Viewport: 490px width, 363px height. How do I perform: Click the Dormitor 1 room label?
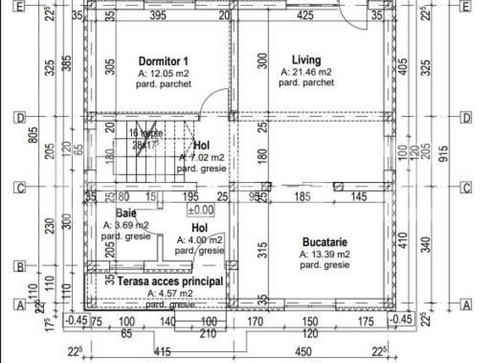coord(162,61)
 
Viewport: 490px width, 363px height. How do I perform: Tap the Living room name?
coord(306,59)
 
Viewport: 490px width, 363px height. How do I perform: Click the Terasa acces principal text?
coord(170,281)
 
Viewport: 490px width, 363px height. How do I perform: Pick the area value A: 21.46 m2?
coord(306,73)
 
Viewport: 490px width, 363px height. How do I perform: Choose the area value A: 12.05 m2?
coord(164,74)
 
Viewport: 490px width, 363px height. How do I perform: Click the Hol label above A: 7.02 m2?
coord(201,146)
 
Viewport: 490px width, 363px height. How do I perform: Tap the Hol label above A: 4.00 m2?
coord(199,228)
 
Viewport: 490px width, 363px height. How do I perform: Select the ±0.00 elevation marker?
coord(200,211)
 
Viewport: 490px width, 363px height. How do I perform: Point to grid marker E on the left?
coord(18,7)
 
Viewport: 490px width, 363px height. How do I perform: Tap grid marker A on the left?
coord(18,305)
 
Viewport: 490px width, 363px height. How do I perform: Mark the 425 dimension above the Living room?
coord(306,15)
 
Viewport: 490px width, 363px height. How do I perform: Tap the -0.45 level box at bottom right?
coord(399,319)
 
